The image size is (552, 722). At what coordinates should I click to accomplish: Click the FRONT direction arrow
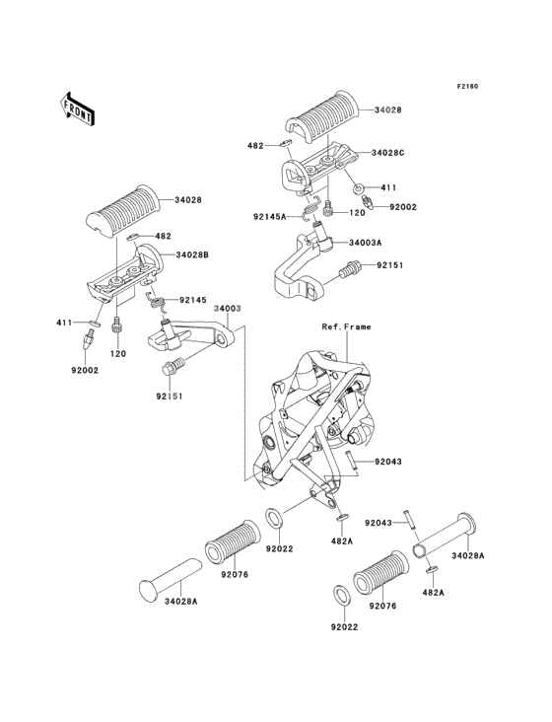pyautogui.click(x=77, y=108)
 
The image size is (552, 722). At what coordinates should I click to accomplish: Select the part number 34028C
pyautogui.click(x=389, y=153)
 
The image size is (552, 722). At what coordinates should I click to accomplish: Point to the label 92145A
pyautogui.click(x=269, y=215)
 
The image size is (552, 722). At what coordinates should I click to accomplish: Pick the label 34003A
pyautogui.click(x=366, y=243)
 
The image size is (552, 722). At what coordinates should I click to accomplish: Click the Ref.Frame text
pyautogui.click(x=346, y=326)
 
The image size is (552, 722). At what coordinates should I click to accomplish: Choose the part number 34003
pyautogui.click(x=228, y=308)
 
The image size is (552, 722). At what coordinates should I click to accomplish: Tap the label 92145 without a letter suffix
pyautogui.click(x=193, y=300)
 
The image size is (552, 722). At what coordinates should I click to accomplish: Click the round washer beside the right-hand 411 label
pyautogui.click(x=359, y=188)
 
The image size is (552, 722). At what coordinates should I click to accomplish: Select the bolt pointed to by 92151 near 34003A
pyautogui.click(x=350, y=269)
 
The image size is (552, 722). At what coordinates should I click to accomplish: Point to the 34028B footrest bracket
pyautogui.click(x=123, y=272)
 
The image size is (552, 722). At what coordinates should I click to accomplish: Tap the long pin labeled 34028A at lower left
pyautogui.click(x=171, y=581)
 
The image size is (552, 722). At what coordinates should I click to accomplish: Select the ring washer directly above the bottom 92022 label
pyautogui.click(x=341, y=597)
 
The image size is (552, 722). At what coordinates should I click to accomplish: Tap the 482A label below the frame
pyautogui.click(x=341, y=541)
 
